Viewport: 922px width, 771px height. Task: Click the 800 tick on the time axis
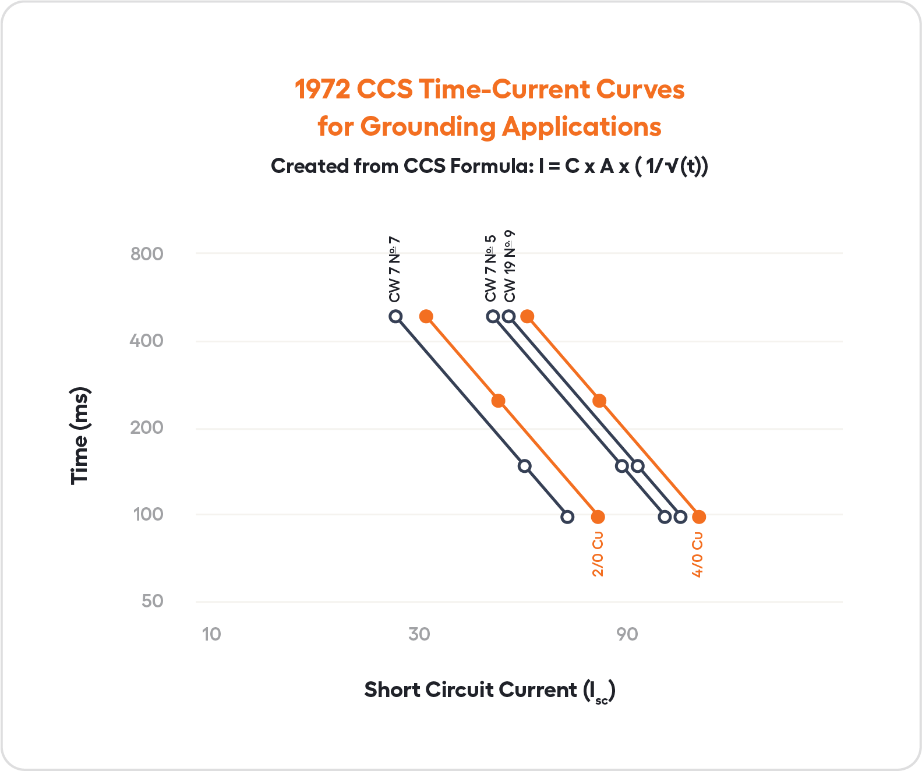point(147,254)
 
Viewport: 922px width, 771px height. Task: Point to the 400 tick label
point(147,341)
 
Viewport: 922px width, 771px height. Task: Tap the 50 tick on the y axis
point(152,601)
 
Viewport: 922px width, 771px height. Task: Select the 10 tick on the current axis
point(211,634)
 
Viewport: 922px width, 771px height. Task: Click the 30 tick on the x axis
point(419,634)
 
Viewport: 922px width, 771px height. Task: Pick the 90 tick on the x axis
point(627,634)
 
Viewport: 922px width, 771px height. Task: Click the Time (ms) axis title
point(79,436)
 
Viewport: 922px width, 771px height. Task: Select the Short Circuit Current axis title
point(489,690)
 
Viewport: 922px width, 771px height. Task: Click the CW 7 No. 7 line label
point(394,270)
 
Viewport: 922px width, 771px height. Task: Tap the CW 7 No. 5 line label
point(490,268)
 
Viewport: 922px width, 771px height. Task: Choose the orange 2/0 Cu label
point(598,554)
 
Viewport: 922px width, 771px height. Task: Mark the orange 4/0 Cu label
point(698,554)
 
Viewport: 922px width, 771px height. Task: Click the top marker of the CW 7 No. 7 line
point(395,317)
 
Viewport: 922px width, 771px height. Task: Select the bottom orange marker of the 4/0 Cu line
point(699,517)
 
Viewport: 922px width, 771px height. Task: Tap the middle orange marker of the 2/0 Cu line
point(498,401)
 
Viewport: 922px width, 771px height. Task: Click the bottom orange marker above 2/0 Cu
point(598,517)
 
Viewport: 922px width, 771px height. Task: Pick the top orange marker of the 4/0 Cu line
point(527,317)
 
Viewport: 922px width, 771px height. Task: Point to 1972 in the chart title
point(322,90)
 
